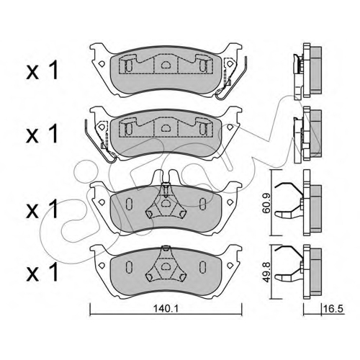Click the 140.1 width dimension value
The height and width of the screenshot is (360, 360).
(x=166, y=309)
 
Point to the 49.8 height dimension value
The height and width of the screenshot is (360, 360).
(x=266, y=271)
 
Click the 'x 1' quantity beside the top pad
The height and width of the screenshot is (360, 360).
(x=42, y=70)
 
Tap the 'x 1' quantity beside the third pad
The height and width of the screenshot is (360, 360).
(x=42, y=209)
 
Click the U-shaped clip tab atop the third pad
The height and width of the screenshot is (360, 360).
(x=165, y=177)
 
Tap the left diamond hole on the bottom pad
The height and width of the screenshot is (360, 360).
(x=102, y=265)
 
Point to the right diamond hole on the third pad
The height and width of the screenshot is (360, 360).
(x=230, y=202)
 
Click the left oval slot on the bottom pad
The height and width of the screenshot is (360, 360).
(x=129, y=266)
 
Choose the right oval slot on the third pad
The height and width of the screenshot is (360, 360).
(x=202, y=202)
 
